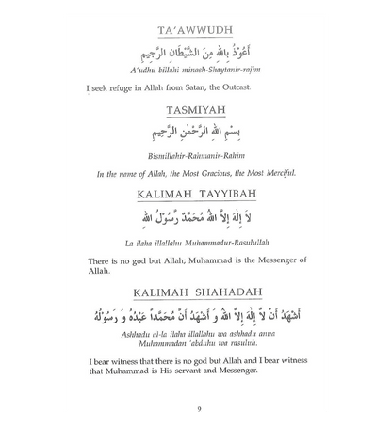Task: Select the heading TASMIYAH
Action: (x=196, y=106)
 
